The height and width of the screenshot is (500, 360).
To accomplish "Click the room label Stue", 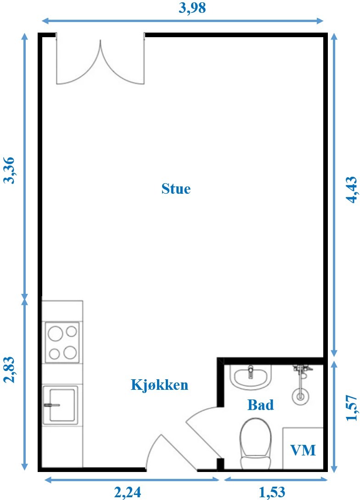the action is click(176, 188).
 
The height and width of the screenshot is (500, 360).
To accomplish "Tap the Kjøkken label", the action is click(159, 385).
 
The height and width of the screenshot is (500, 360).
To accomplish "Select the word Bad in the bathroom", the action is click(260, 404).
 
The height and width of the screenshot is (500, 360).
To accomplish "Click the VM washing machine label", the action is click(303, 450).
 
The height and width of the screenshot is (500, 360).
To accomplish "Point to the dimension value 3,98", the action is click(192, 8).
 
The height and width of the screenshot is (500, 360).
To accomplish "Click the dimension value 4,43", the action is click(352, 190).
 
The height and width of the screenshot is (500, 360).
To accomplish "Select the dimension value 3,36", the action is click(9, 170).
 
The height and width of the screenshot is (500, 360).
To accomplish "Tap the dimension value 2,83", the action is click(9, 370).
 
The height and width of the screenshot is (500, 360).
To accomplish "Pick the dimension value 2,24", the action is click(128, 492).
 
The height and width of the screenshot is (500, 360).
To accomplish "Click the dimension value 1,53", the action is click(272, 492).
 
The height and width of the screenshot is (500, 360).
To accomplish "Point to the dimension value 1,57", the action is click(352, 408).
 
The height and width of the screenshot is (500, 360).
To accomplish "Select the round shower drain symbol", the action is click(300, 396).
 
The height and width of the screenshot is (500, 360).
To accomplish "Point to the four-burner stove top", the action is click(62, 343).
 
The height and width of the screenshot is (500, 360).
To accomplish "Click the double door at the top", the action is click(101, 59).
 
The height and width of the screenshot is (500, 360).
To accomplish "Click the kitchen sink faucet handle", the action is click(52, 405).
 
